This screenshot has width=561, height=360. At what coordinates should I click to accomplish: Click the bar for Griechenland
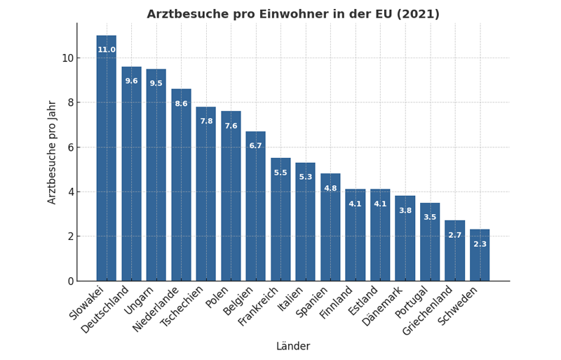pyautogui.click(x=454, y=251)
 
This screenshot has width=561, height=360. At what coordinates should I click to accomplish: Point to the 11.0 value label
pyautogui.click(x=107, y=50)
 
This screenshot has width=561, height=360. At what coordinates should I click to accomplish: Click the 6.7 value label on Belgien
pyautogui.click(x=255, y=146)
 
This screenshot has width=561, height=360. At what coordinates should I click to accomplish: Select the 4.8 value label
pyautogui.click(x=330, y=188)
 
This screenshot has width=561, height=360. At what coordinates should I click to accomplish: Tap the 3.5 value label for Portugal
pyautogui.click(x=430, y=218)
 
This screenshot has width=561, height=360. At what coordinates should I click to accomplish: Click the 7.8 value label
pyautogui.click(x=206, y=121)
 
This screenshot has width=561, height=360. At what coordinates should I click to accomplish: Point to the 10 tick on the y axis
pyautogui.click(x=67, y=58)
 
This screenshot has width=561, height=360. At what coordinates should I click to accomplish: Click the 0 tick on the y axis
pyautogui.click(x=70, y=281)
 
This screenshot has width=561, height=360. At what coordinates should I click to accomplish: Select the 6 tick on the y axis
pyautogui.click(x=70, y=147)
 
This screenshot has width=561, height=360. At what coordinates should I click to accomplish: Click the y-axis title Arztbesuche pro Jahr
pyautogui.click(x=53, y=152)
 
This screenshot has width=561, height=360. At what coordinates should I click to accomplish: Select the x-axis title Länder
pyautogui.click(x=293, y=347)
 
